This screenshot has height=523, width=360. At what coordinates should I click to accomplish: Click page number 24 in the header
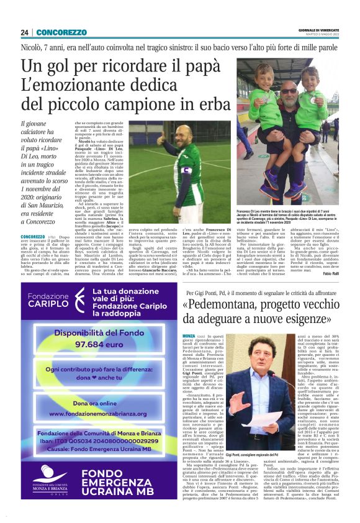tap(25, 32)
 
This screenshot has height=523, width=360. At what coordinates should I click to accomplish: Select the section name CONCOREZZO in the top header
tap(61, 32)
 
